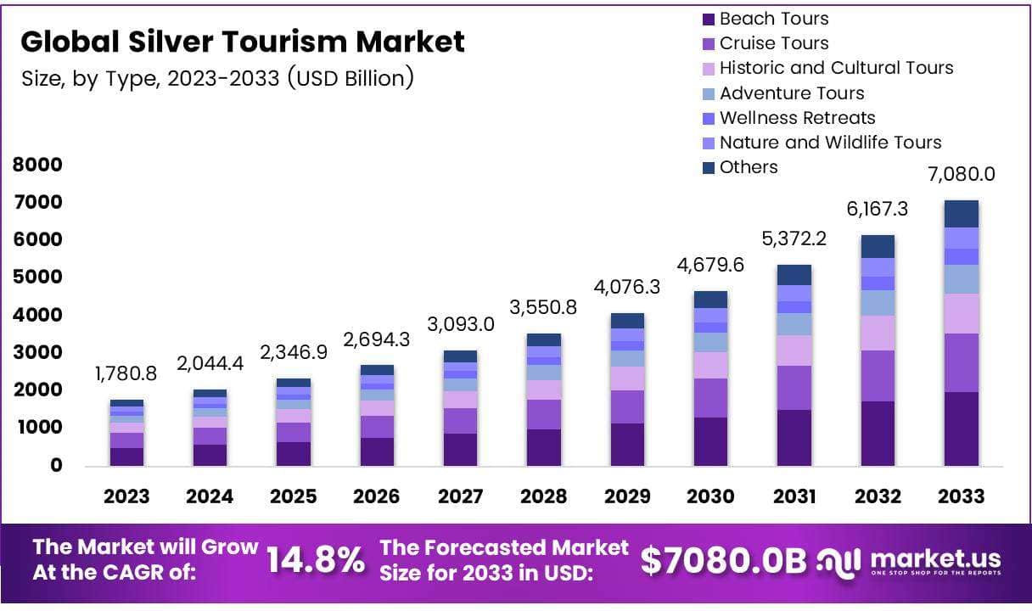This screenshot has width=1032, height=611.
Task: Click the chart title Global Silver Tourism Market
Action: [243, 42]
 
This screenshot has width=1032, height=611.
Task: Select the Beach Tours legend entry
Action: [773, 19]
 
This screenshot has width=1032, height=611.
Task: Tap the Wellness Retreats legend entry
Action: [797, 118]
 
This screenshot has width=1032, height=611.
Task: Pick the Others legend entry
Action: [748, 167]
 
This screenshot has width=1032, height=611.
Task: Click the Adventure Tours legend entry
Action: [792, 93]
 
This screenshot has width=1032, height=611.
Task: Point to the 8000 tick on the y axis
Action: [37, 165]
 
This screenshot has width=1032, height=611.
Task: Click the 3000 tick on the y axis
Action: [37, 352]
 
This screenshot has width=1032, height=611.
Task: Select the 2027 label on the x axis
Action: [460, 496]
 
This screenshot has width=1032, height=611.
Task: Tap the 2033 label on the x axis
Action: [962, 496]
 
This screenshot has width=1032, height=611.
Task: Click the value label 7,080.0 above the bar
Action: [962, 175]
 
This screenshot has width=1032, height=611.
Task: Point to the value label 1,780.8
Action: [127, 373]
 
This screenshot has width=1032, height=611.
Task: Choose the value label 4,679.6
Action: [710, 265]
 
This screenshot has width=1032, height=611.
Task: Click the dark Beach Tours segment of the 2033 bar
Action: [962, 429]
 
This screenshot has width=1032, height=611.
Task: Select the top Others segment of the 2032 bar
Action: [878, 246]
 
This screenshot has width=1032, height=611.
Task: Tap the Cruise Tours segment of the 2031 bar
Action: [794, 388]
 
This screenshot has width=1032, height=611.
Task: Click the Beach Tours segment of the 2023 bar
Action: [127, 457]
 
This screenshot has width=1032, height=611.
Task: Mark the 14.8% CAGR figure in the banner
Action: [316, 560]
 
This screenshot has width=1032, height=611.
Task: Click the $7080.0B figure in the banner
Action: [723, 560]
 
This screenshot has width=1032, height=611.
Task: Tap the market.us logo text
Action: [934, 558]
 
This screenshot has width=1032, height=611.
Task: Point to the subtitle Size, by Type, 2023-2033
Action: [217, 78]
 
